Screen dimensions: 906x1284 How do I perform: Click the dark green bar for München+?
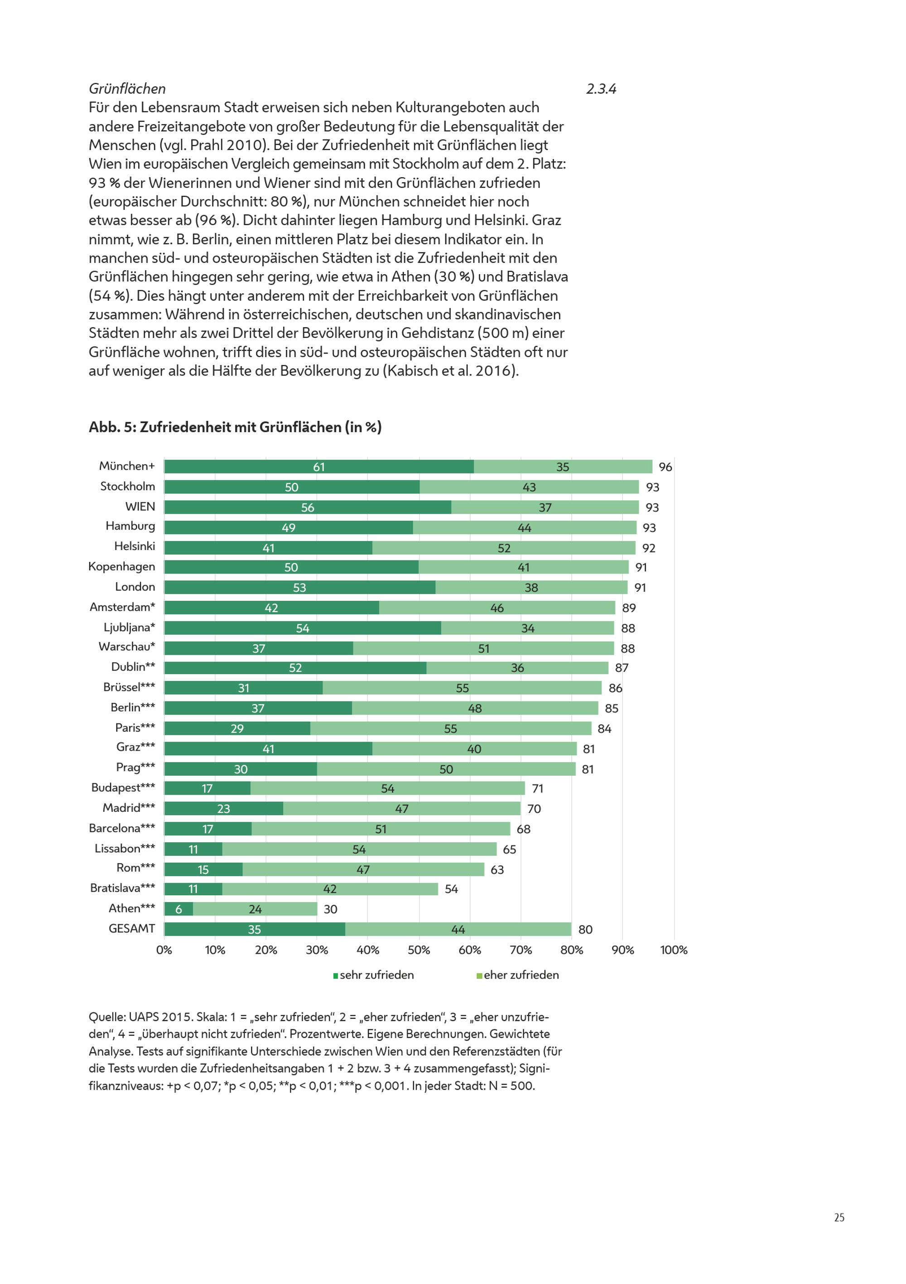point(319,466)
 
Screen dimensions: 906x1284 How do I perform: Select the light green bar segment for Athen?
point(255,909)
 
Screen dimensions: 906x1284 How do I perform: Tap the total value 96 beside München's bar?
point(665,467)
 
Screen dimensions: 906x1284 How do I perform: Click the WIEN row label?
point(140,507)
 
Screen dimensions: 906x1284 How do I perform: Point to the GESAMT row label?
point(131,928)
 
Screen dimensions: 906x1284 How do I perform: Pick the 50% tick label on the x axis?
point(419,950)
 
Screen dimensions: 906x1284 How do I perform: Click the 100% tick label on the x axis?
point(674,950)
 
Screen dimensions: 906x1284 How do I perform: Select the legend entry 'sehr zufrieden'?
point(374,975)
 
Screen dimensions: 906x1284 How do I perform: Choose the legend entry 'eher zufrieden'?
point(517,975)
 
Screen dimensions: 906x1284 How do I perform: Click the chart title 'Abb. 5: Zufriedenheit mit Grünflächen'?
point(235,427)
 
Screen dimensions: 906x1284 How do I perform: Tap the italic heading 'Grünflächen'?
point(127,89)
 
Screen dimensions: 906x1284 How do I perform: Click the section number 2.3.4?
point(601,89)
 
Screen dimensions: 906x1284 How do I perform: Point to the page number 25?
point(839,1217)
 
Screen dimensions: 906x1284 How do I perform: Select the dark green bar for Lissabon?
point(193,849)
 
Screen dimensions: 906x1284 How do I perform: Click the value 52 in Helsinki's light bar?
point(504,548)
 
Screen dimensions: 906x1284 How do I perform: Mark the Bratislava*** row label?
point(122,888)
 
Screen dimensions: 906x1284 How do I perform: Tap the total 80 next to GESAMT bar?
point(585,929)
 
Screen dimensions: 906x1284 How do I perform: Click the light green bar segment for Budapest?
point(388,788)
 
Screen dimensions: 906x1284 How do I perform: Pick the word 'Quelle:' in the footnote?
point(107,1017)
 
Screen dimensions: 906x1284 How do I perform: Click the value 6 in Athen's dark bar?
point(178,909)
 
